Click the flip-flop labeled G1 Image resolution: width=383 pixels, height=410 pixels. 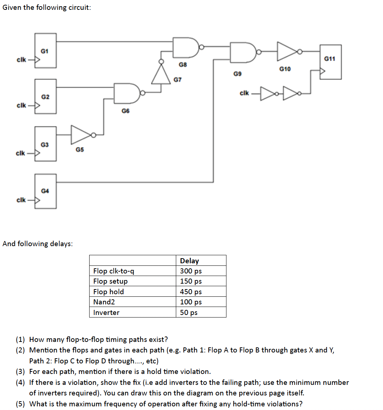[x=46, y=51]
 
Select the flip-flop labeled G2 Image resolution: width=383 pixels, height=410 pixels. [x=46, y=96]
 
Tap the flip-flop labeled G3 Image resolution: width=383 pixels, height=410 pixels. [x=46, y=144]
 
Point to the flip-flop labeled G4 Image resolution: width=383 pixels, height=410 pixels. [x=46, y=191]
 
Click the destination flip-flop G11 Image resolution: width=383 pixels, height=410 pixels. [x=331, y=62]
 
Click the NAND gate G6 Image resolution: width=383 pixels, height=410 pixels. [x=127, y=92]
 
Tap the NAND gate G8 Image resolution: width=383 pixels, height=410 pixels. [x=185, y=47]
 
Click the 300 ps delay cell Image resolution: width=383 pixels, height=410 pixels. [x=191, y=271]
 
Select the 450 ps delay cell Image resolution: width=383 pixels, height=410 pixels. [x=191, y=292]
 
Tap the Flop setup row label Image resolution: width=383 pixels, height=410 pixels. [x=111, y=281]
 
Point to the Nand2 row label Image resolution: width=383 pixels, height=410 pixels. [x=104, y=302]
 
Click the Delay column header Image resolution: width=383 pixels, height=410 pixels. [x=189, y=261]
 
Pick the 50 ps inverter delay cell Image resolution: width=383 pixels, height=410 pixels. [x=189, y=312]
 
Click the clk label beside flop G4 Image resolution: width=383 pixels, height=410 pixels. [x=21, y=200]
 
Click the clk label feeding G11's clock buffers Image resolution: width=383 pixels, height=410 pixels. [x=244, y=93]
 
